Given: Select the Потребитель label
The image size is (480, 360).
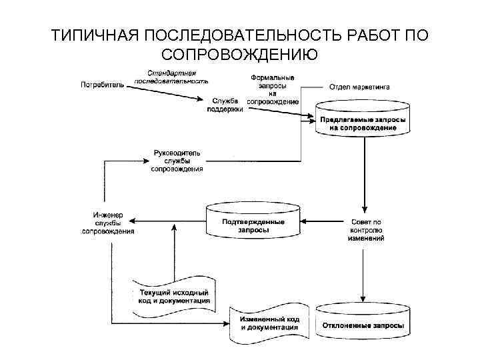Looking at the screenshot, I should point(102,85).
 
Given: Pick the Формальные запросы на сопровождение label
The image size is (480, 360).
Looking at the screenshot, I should point(273,89).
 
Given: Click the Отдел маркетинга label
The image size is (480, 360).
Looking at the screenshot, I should point(360,87).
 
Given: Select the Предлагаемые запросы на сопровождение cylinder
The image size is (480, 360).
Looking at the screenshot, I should point(363,121).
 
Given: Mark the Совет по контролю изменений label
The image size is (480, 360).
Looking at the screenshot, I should point(365,229).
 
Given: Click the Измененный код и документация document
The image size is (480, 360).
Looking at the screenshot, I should point(269,323).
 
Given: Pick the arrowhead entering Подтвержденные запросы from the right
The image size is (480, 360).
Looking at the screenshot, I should point(304,221).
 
